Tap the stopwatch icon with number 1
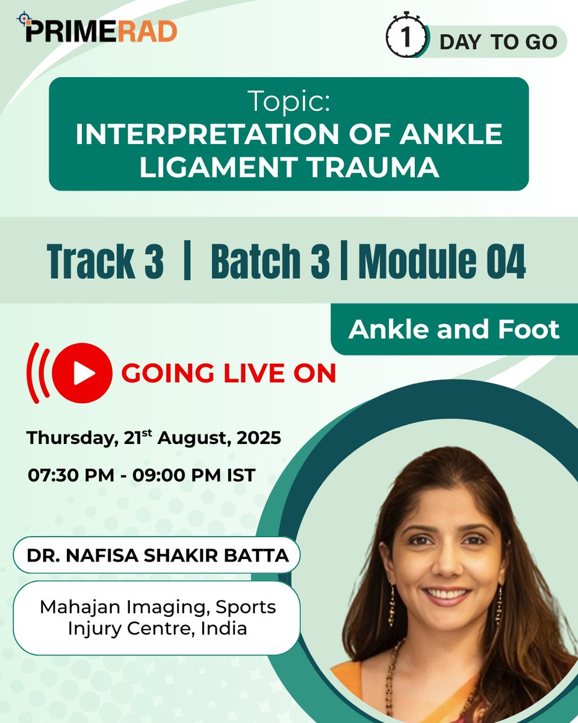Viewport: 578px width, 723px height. coord(406,38)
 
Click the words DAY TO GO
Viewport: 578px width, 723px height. coord(497,42)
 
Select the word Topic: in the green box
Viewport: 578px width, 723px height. coord(288,103)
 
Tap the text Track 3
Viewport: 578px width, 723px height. coord(105,261)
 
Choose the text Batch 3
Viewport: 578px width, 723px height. coord(270,261)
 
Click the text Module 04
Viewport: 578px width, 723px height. coord(442,261)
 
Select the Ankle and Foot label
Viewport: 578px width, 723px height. coord(454,329)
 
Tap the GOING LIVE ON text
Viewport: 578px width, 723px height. coord(229,374)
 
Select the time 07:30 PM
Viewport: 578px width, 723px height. coord(70,475)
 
